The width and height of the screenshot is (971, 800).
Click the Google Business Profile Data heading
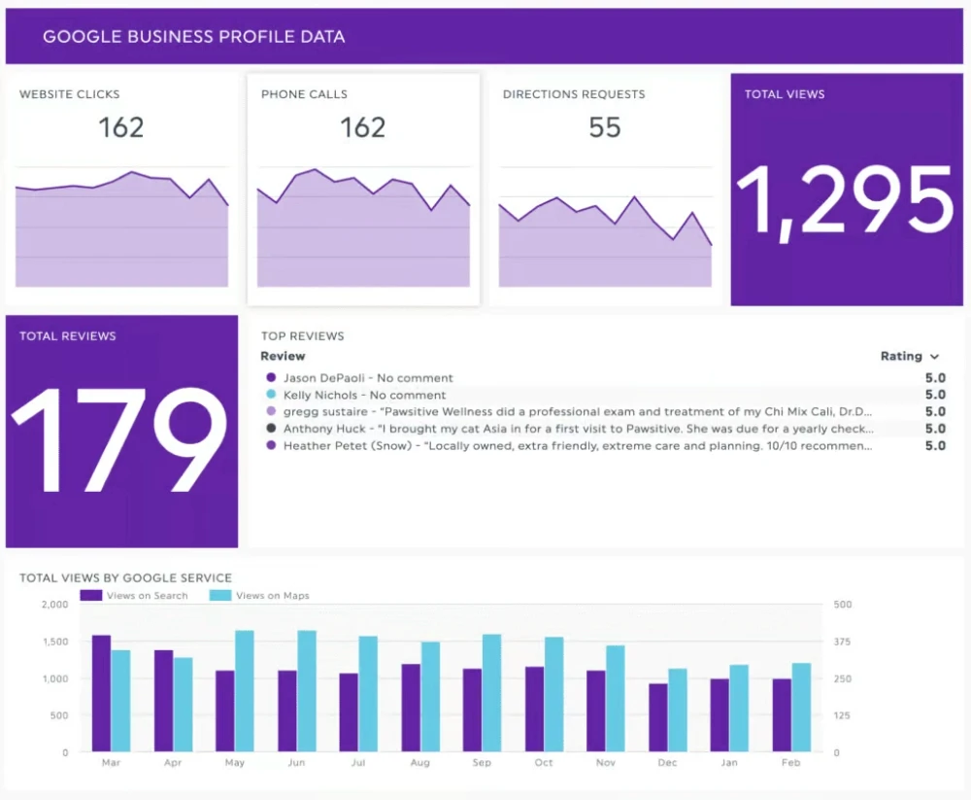coord(193,37)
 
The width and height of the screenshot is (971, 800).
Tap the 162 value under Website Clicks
coord(121,127)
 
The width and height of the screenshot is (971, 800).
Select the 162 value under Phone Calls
coord(362,127)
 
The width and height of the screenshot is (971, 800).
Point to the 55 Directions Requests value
coord(604,127)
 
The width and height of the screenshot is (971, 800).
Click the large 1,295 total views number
coord(846,202)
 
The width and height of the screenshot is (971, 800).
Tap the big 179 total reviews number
coord(120,427)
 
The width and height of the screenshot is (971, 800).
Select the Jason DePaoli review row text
coord(368,378)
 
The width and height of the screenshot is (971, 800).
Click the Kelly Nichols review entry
coord(364,396)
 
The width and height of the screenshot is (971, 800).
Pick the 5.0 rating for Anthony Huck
coord(934,429)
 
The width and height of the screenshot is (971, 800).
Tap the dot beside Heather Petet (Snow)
coord(271,445)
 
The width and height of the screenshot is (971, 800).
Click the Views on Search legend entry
coord(147,595)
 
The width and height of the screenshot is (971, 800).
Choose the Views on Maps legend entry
coord(272,595)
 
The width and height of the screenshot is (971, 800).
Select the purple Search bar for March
coord(101,693)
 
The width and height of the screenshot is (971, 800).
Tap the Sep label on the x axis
coord(482,763)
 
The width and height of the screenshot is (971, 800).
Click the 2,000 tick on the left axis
coord(55,605)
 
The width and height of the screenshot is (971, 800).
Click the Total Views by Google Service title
coord(125,577)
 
